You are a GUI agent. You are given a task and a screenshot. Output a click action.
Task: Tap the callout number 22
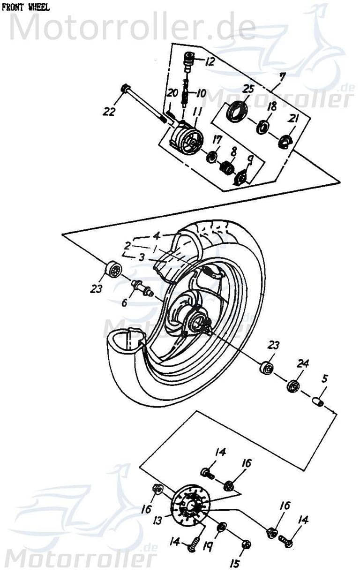click(109, 111)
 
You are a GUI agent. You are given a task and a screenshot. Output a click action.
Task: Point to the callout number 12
click(209, 61)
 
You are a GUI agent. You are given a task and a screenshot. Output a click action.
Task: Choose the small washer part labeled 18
click(262, 126)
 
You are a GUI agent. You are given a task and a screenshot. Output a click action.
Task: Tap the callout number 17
click(217, 139)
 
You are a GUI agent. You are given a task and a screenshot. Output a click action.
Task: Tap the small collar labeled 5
click(318, 402)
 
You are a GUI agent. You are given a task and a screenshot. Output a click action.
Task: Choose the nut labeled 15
click(247, 544)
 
